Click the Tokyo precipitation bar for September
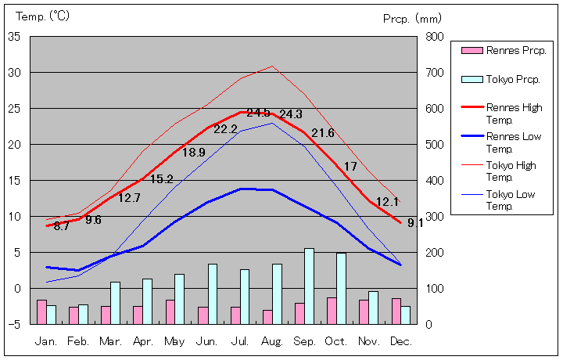(309, 286)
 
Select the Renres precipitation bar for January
(41, 311)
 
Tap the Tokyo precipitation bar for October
(341, 288)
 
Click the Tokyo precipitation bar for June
(213, 293)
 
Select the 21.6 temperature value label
(322, 133)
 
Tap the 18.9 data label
(193, 153)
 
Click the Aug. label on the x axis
(272, 341)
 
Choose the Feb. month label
(78, 341)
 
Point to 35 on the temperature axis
(15, 37)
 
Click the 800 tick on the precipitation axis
(436, 37)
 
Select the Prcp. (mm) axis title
(412, 18)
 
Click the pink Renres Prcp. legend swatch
(472, 51)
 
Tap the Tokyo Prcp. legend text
(513, 80)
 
